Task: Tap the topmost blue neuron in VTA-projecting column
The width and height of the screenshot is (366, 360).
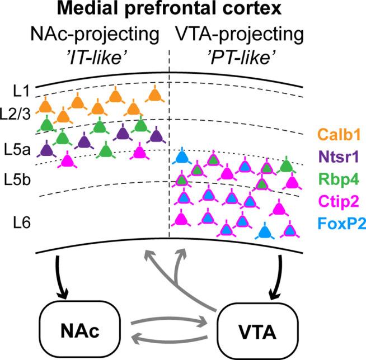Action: pyautogui.click(x=181, y=158)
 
